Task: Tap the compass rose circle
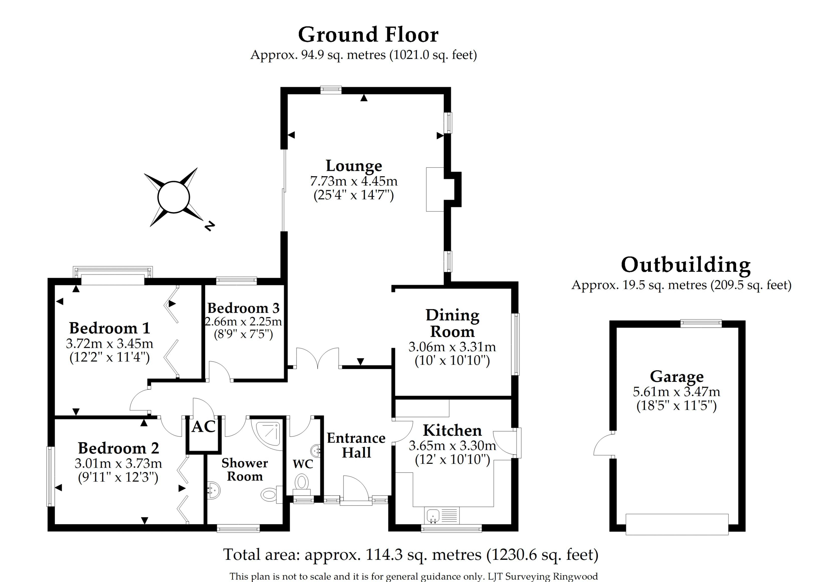pos(173,197)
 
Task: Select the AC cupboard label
pos(203,427)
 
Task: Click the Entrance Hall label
pos(356,445)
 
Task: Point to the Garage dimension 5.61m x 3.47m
pos(676,391)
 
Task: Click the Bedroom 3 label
pos(243,308)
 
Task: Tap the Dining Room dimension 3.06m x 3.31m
pos(452,347)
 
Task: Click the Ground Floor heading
pos(368,35)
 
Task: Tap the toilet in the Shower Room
pos(269,494)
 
